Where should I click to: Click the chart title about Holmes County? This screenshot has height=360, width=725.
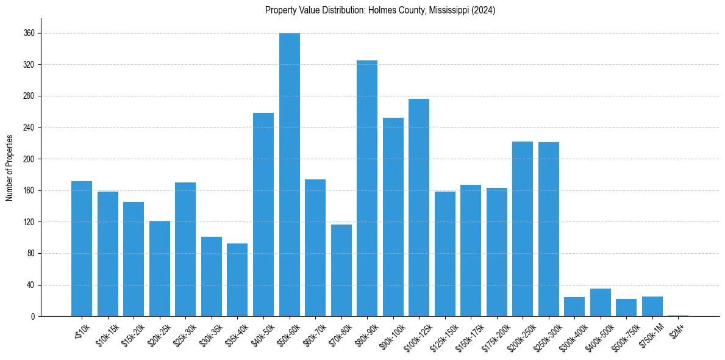tap(380, 10)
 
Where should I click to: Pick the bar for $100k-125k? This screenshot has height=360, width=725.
tap(419, 207)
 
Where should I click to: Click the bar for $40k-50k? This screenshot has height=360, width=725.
tap(263, 214)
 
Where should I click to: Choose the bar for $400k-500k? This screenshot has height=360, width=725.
tap(601, 302)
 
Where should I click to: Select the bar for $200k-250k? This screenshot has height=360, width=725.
tap(523, 229)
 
